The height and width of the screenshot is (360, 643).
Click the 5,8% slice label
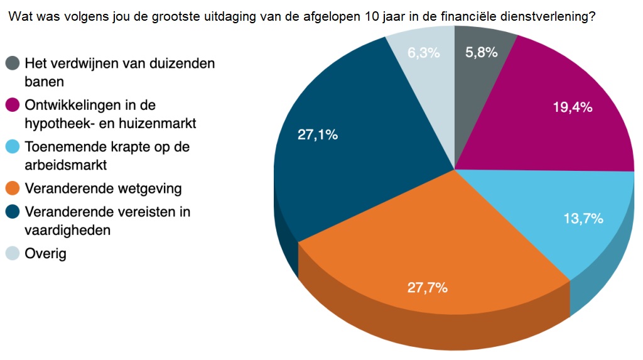click(x=482, y=53)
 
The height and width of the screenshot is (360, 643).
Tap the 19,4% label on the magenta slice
click(x=572, y=107)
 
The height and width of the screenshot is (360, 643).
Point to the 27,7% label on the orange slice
click(x=428, y=288)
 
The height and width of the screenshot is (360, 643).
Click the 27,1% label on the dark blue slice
click(x=318, y=134)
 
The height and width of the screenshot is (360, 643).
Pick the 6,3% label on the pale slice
click(x=423, y=53)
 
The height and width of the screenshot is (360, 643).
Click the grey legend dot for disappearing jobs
click(x=13, y=63)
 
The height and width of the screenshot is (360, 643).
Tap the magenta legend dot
click(x=13, y=104)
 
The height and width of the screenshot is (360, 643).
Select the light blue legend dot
click(x=13, y=146)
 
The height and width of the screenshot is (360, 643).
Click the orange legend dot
click(x=13, y=188)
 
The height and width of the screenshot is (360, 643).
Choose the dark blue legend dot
click(x=13, y=211)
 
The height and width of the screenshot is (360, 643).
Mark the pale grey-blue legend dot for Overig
click(x=13, y=254)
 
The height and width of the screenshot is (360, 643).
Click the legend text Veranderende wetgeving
click(x=103, y=188)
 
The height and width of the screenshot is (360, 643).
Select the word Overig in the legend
click(x=45, y=254)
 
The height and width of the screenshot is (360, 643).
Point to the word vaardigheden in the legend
click(x=68, y=230)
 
